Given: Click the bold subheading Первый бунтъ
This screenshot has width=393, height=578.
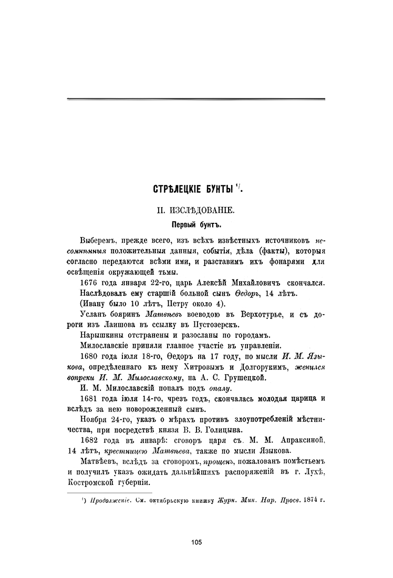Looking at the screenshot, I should pyautogui.click(x=196, y=225).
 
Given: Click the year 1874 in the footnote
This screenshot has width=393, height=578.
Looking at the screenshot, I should pyautogui.click(x=305, y=500).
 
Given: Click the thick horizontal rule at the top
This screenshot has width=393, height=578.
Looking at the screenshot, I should pyautogui.click(x=196, y=99).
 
